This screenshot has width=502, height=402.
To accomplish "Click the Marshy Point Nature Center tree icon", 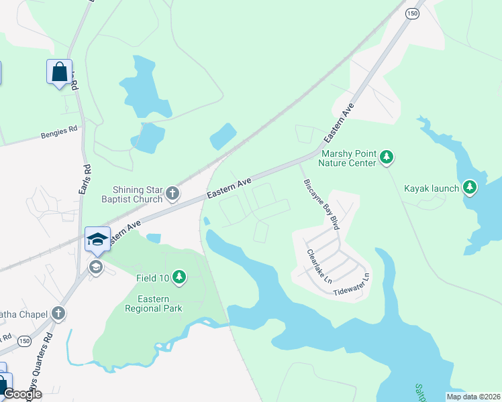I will [x=386, y=157].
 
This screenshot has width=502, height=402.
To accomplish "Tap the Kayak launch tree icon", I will [x=470, y=188].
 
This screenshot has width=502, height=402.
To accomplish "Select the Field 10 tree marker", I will [x=179, y=276].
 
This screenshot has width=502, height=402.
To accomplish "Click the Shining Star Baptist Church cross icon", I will [x=172, y=194].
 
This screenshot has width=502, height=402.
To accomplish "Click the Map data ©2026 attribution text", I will [x=472, y=397].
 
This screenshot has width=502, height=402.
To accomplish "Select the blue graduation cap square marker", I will [x=97, y=239].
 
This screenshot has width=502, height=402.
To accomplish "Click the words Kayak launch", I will [x=432, y=188].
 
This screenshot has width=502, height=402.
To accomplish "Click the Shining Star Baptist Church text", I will [x=138, y=194].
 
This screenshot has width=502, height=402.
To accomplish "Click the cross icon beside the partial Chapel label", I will [x=58, y=314].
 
